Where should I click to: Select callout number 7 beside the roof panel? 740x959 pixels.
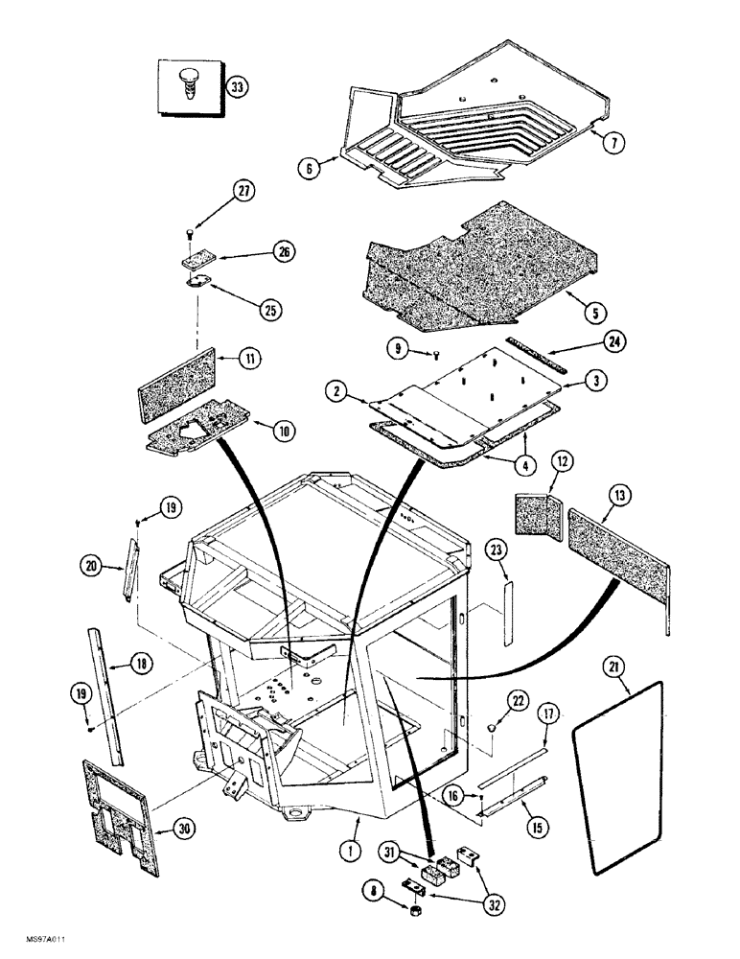(614, 141)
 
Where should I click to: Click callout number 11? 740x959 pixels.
(250, 360)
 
